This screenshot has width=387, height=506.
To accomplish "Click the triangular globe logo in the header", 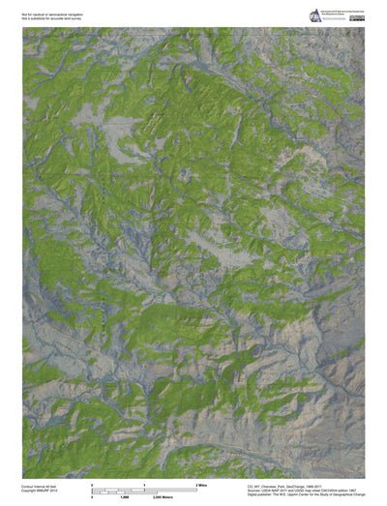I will point(314,16).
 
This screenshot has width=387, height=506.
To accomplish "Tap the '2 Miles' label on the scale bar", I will point(202,483).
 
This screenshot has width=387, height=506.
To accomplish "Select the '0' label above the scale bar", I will point(92,483).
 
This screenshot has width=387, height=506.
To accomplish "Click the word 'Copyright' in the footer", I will point(30,491).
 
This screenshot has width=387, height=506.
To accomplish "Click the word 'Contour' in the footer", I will point(28,486).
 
